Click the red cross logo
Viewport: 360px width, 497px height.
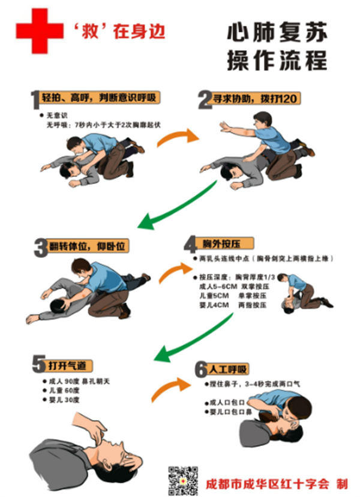click(x=39, y=31)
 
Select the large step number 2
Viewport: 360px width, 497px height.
click(x=205, y=99)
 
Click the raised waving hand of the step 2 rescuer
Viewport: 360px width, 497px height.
click(x=224, y=126)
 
